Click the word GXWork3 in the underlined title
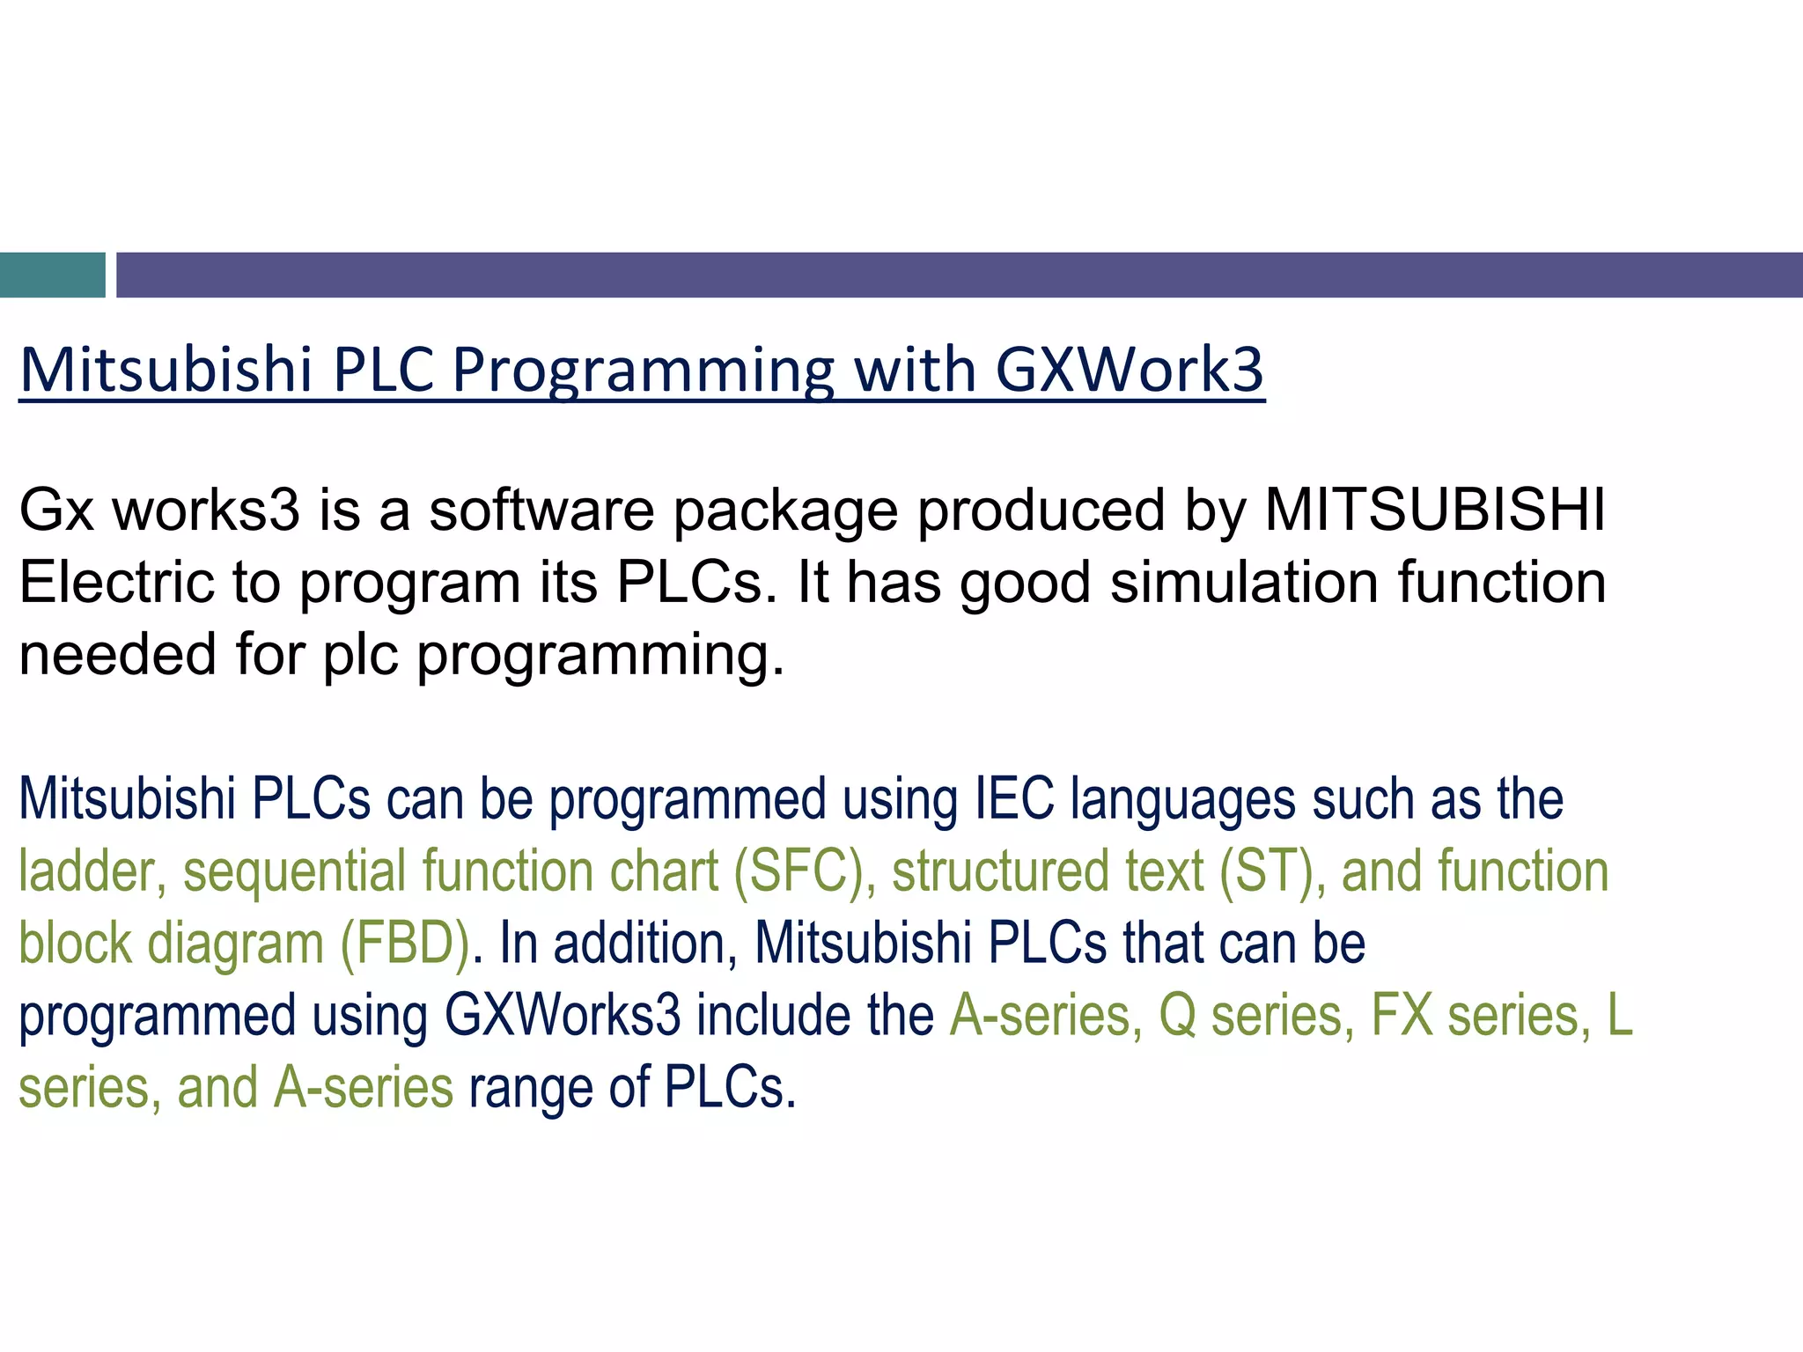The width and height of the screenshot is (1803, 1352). click(1130, 370)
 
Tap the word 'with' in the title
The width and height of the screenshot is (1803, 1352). click(915, 370)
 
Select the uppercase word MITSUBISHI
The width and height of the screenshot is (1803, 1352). click(1435, 511)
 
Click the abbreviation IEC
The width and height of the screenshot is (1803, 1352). click(1014, 799)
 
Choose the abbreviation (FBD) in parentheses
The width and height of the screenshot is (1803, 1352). click(406, 944)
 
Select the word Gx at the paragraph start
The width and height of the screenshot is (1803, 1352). click(56, 511)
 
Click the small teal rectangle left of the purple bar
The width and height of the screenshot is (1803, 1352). click(52, 275)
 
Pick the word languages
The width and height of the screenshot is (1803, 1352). click(1182, 799)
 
